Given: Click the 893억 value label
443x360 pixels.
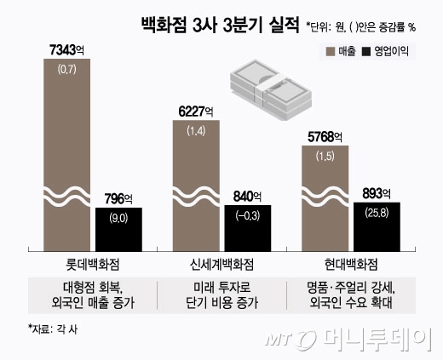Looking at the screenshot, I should [x=377, y=191].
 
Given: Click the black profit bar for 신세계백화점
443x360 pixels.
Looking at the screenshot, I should [x=248, y=226].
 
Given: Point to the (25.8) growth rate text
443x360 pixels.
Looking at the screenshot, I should [x=377, y=209].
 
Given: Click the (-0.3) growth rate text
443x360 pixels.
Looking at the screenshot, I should [x=248, y=213].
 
